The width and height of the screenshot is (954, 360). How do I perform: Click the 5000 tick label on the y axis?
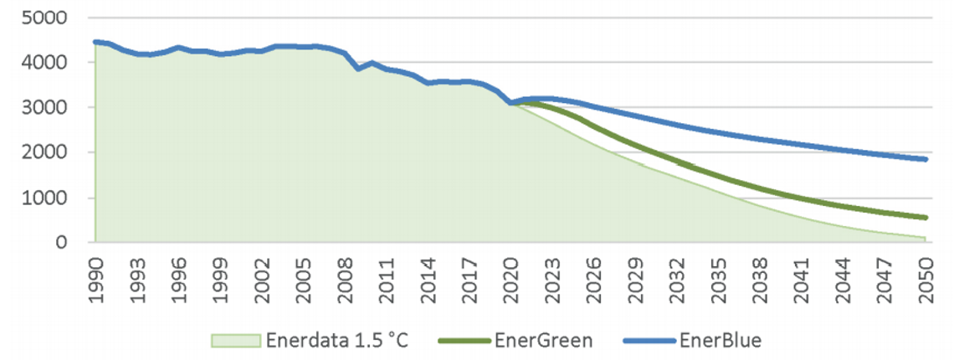[x=51, y=18]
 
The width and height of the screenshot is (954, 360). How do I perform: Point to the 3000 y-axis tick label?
[x=51, y=108]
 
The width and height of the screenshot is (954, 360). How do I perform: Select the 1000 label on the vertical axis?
[x=51, y=198]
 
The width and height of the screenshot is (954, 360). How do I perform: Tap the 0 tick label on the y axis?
[x=71, y=243]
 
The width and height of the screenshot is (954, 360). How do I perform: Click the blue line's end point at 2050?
[x=926, y=159]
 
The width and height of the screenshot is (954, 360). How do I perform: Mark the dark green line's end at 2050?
[x=926, y=218]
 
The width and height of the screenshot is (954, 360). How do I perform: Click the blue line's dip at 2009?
[x=358, y=69]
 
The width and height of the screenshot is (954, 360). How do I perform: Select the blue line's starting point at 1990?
[x=95, y=42]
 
